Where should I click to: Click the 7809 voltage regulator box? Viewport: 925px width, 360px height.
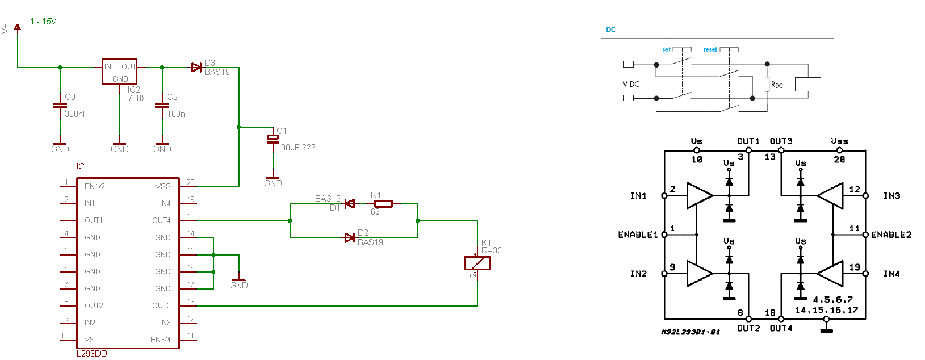119,72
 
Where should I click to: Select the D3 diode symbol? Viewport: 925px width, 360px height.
196,68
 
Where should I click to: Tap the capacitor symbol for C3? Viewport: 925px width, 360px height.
60,106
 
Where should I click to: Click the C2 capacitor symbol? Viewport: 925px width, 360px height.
162,106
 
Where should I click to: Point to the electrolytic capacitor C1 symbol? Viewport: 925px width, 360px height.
273,139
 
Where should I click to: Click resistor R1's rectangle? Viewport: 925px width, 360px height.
383,204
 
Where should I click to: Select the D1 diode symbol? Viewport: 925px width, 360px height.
350,204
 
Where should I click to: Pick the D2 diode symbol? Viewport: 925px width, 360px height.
350,238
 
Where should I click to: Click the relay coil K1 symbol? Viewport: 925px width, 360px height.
477,263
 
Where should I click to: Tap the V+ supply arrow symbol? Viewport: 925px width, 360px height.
17,27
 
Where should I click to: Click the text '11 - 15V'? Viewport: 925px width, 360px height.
41,22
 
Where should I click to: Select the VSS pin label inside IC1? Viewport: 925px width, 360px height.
163,186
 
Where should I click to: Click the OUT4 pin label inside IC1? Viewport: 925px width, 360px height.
161,220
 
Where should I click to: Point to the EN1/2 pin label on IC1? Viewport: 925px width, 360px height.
95,186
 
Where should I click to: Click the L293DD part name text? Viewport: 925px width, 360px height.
92,354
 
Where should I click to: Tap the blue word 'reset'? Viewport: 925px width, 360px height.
710,50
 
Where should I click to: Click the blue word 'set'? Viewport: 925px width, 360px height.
666,50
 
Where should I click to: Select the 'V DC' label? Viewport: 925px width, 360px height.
631,84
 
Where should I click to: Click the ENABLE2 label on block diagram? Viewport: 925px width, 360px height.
891,235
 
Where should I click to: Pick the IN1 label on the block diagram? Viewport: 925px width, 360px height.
638,196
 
